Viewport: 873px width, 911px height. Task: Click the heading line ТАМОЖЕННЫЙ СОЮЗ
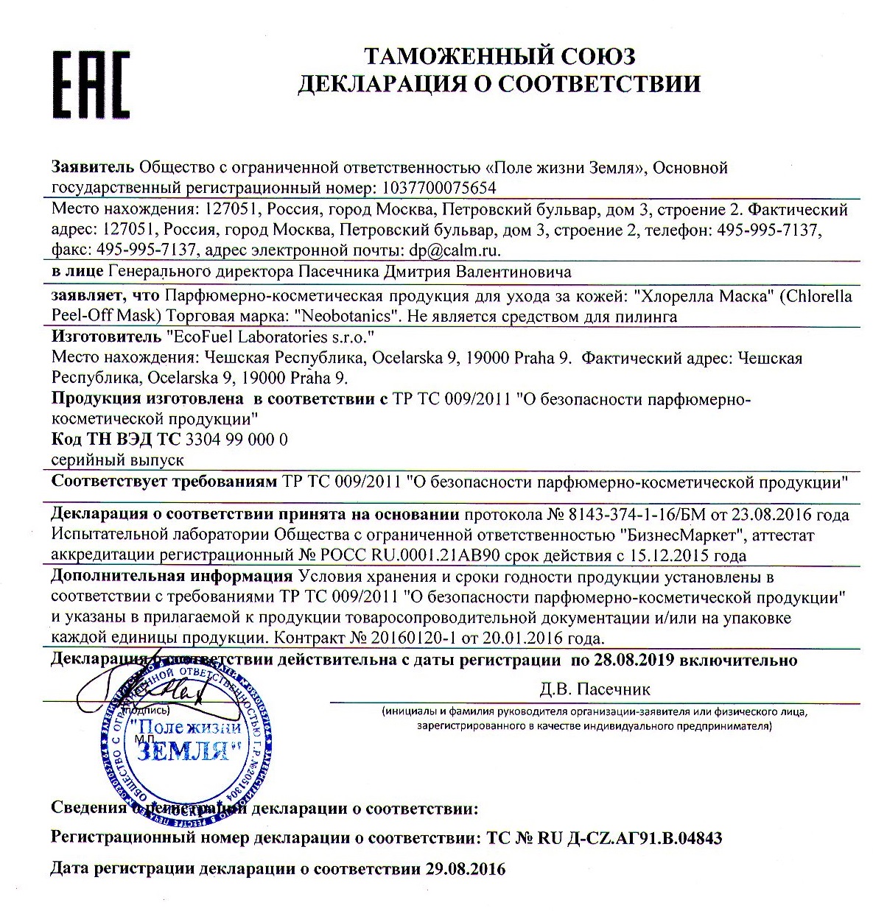coord(499,56)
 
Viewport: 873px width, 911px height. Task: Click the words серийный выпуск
coord(117,460)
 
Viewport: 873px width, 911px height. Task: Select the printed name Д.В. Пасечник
coord(595,689)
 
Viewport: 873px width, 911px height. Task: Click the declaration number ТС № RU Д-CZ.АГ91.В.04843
coord(604,837)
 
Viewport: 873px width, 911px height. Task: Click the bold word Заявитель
coord(93,167)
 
